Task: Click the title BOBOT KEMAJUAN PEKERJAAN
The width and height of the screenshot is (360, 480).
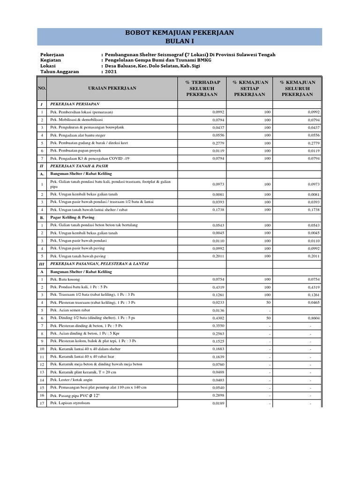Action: [180, 33]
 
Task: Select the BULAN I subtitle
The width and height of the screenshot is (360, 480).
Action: [180, 41]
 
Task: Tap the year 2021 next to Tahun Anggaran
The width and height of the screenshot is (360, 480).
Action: [111, 72]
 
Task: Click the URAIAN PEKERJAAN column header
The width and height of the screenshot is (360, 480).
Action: [112, 88]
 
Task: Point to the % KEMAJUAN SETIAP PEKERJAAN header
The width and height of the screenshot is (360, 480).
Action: [250, 88]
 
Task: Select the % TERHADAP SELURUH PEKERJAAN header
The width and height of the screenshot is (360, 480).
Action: [202, 88]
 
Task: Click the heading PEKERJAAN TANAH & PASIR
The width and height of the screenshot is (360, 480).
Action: [81, 165]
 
